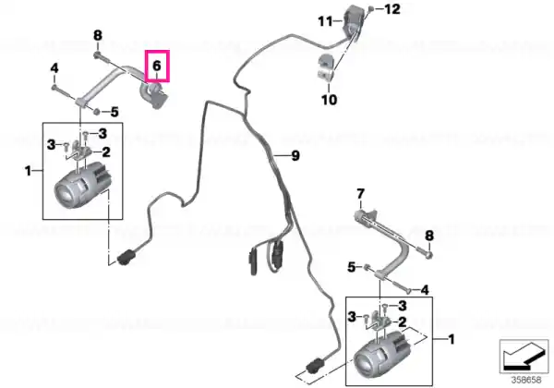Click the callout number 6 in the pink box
[x=157, y=66]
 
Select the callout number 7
[x=360, y=194]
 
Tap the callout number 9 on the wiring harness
[x=295, y=155]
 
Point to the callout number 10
[x=329, y=100]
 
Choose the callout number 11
[x=325, y=21]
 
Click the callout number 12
[x=392, y=9]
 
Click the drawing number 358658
[x=526, y=381]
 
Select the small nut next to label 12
[x=370, y=9]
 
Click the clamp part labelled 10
[x=324, y=68]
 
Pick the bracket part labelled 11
[x=352, y=22]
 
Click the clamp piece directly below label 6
[x=154, y=95]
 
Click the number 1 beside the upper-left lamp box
[x=29, y=172]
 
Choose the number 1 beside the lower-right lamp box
[x=452, y=340]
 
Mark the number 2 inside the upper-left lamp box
[x=106, y=152]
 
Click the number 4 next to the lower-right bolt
[x=425, y=290]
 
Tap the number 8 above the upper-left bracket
[x=98, y=35]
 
